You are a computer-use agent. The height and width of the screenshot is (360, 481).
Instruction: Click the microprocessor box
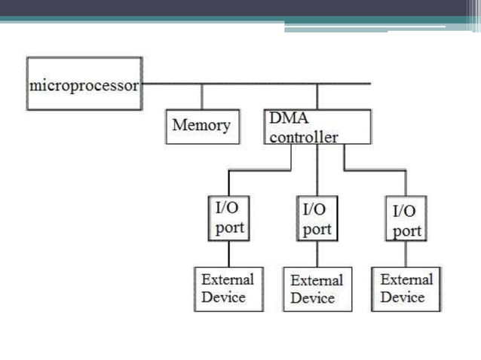(x=84, y=84)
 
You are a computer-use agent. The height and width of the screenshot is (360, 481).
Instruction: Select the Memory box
(x=202, y=126)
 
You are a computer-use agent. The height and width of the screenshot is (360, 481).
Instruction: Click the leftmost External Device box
(x=228, y=288)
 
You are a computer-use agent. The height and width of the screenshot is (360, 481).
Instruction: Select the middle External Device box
(x=317, y=289)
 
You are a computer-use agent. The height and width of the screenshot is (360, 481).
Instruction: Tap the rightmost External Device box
(x=406, y=288)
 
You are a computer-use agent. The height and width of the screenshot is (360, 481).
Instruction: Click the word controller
(x=304, y=137)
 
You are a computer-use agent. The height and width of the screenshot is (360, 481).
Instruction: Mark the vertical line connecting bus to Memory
(x=201, y=96)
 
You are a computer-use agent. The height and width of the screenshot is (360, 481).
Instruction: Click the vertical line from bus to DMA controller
(x=317, y=96)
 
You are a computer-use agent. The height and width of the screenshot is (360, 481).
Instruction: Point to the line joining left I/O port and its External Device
(x=229, y=254)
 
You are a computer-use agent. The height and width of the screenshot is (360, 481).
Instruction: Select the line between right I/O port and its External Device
(x=406, y=255)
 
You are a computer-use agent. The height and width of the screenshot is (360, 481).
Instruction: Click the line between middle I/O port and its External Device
(x=317, y=255)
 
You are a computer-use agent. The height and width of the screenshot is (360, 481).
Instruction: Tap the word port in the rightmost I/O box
(x=407, y=230)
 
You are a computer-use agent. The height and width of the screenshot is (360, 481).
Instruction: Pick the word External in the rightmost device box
(x=406, y=279)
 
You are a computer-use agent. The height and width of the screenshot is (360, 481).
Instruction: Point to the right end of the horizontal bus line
(x=369, y=84)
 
